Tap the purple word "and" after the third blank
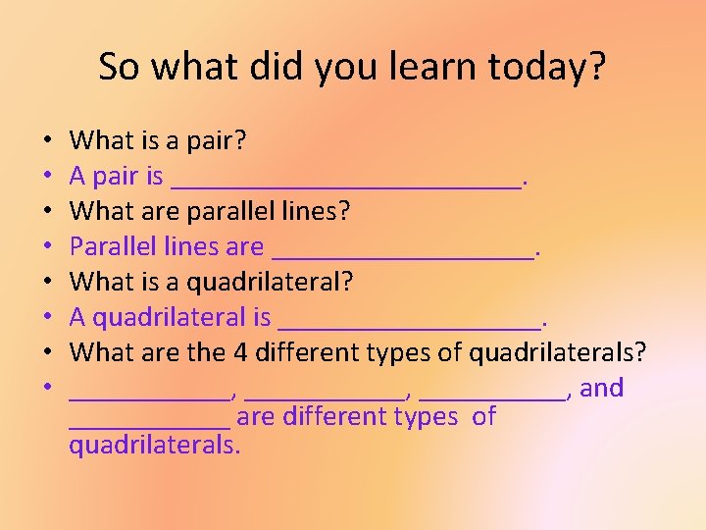(601, 388)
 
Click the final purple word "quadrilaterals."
(154, 445)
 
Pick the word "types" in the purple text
(425, 417)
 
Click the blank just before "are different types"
(149, 423)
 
